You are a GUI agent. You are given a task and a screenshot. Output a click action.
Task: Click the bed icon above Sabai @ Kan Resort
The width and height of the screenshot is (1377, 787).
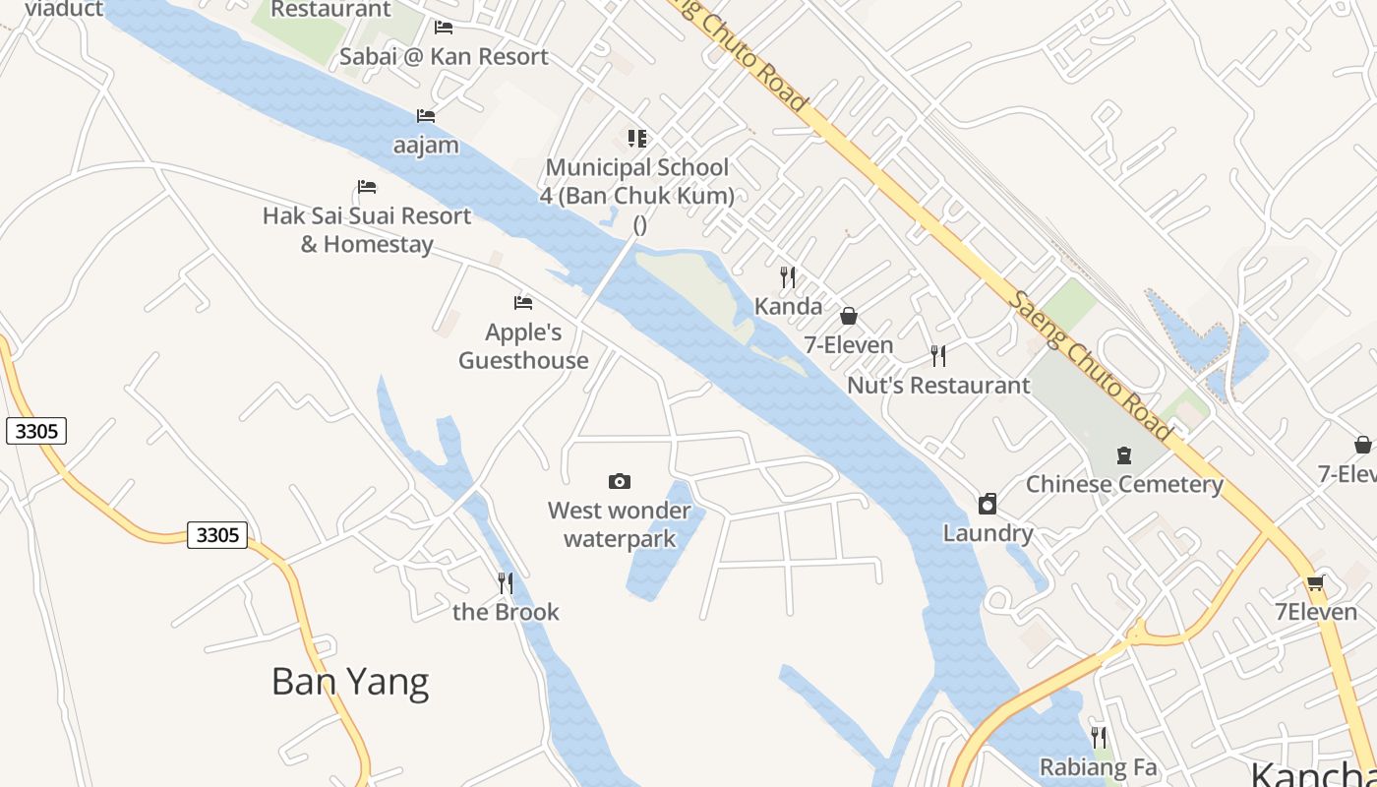444,28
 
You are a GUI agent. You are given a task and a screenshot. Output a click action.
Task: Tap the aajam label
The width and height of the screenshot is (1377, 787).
426,146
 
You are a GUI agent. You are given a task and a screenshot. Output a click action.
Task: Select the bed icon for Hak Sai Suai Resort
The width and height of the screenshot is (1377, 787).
367,187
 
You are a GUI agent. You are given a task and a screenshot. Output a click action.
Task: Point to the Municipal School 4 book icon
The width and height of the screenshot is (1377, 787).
637,139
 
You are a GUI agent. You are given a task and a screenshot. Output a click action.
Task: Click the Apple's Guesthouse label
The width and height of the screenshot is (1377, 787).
523,346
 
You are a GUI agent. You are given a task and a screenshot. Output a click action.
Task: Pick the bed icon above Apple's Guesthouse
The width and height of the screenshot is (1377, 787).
523,303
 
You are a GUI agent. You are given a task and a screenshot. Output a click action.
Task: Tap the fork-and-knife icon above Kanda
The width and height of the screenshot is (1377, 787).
788,277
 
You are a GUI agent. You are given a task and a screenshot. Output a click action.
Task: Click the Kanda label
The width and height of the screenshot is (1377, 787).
788,307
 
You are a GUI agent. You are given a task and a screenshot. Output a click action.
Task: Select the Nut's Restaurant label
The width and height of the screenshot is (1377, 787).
938,386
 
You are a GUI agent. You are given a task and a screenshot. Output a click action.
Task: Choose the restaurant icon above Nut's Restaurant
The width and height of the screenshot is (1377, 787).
938,356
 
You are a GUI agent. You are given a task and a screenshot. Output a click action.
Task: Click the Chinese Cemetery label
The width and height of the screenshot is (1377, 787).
1124,485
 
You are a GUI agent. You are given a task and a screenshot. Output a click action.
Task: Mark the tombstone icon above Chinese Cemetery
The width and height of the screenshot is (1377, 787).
1124,455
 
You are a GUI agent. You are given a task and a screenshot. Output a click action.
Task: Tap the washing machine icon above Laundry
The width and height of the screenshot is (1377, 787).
988,505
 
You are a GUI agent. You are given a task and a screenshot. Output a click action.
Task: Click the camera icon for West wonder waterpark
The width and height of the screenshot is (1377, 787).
620,481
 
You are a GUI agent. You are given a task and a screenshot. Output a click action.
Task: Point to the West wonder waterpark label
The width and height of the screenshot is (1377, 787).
620,524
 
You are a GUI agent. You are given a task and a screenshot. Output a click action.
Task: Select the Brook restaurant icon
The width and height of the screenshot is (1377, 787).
506,583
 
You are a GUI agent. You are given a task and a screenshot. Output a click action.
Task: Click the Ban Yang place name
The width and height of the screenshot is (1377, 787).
350,682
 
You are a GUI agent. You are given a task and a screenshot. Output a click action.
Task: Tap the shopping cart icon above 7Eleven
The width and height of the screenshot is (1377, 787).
1315,582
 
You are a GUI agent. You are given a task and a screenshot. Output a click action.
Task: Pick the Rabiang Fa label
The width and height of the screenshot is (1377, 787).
1099,767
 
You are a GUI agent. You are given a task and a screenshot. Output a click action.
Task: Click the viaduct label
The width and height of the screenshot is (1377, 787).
64,9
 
